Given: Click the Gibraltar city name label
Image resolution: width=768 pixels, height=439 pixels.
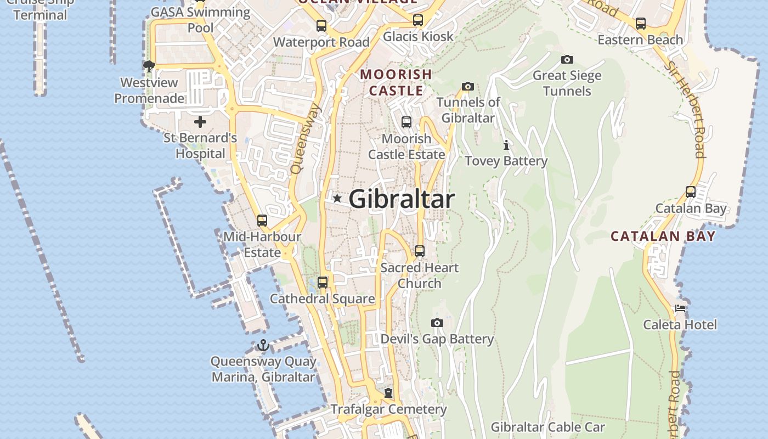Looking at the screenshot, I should [x=402, y=199].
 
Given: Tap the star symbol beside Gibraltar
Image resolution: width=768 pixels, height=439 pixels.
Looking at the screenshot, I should [x=337, y=198].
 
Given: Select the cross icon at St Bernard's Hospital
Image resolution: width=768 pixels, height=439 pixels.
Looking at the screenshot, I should [x=200, y=121].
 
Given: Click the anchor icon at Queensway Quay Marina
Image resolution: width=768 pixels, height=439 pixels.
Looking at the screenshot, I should [x=263, y=345].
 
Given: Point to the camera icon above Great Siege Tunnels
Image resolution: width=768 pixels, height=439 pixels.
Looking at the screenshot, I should [x=567, y=59].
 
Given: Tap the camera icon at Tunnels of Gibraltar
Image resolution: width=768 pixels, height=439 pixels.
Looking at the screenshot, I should [x=467, y=86].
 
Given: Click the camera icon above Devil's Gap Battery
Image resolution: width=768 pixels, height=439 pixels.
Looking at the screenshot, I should [x=437, y=323].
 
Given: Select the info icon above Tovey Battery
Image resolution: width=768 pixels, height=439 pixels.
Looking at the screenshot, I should [x=506, y=145].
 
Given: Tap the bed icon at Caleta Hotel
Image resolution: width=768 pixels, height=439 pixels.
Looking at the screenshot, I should [x=680, y=308].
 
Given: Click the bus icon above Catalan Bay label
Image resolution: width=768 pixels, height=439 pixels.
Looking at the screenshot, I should [x=691, y=192].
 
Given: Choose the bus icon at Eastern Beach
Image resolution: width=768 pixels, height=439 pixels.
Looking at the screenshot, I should [x=640, y=24].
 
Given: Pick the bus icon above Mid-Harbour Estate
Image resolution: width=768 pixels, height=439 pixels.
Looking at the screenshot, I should [x=262, y=221].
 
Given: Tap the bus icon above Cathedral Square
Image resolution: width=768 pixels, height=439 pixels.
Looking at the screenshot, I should [x=323, y=283].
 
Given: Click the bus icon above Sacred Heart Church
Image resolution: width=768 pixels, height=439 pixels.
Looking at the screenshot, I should [x=420, y=251].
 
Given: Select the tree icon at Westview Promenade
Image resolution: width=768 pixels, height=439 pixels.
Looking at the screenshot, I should [x=149, y=66].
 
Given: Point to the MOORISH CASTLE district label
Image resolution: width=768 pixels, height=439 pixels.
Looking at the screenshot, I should [x=396, y=82].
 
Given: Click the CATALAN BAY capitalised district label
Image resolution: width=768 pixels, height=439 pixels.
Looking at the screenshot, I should [x=663, y=237].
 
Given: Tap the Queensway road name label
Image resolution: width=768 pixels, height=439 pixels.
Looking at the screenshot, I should [x=306, y=139].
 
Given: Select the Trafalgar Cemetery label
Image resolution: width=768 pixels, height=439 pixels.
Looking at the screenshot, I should [x=388, y=409].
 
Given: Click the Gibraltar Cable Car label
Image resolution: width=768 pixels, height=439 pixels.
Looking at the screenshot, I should [x=547, y=427].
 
